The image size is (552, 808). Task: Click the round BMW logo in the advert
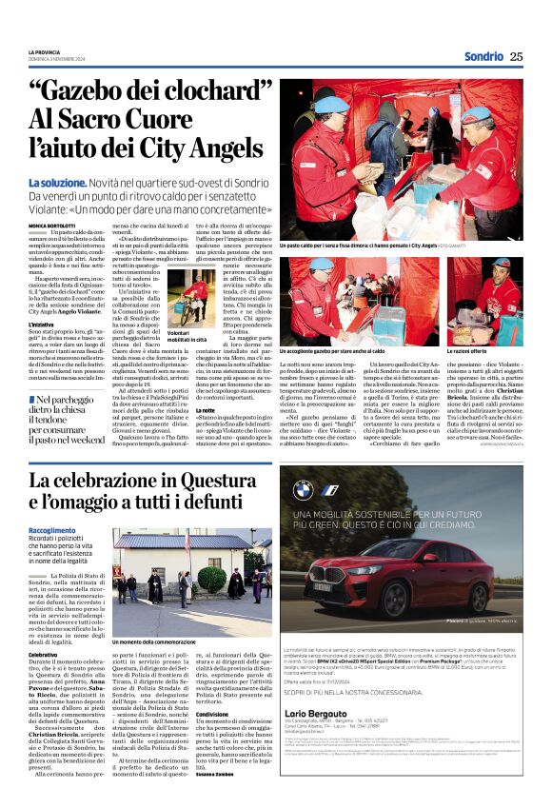303,489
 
